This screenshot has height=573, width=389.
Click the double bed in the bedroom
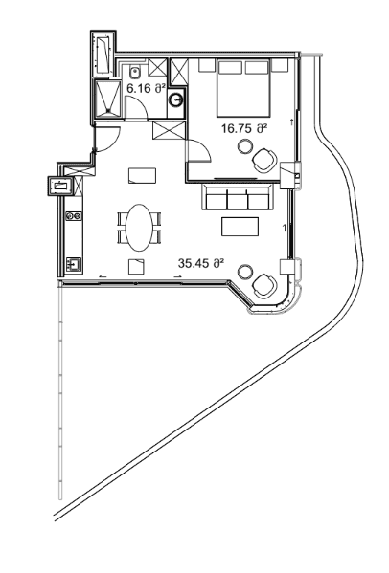click(243, 89)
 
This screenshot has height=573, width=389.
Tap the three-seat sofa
click(238, 197)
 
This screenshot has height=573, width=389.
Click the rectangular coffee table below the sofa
click(240, 227)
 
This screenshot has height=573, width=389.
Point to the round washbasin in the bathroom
click(177, 100)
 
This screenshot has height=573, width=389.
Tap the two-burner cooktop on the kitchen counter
click(73, 216)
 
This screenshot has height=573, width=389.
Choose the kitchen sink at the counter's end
click(74, 265)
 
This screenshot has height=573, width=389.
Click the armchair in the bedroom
click(264, 160)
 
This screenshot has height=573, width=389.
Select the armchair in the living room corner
click(264, 286)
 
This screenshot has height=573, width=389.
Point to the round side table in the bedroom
click(245, 147)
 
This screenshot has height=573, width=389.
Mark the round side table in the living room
click(245, 273)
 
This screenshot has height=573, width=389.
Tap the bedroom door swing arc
click(203, 145)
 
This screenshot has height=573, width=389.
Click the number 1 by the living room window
click(284, 229)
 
